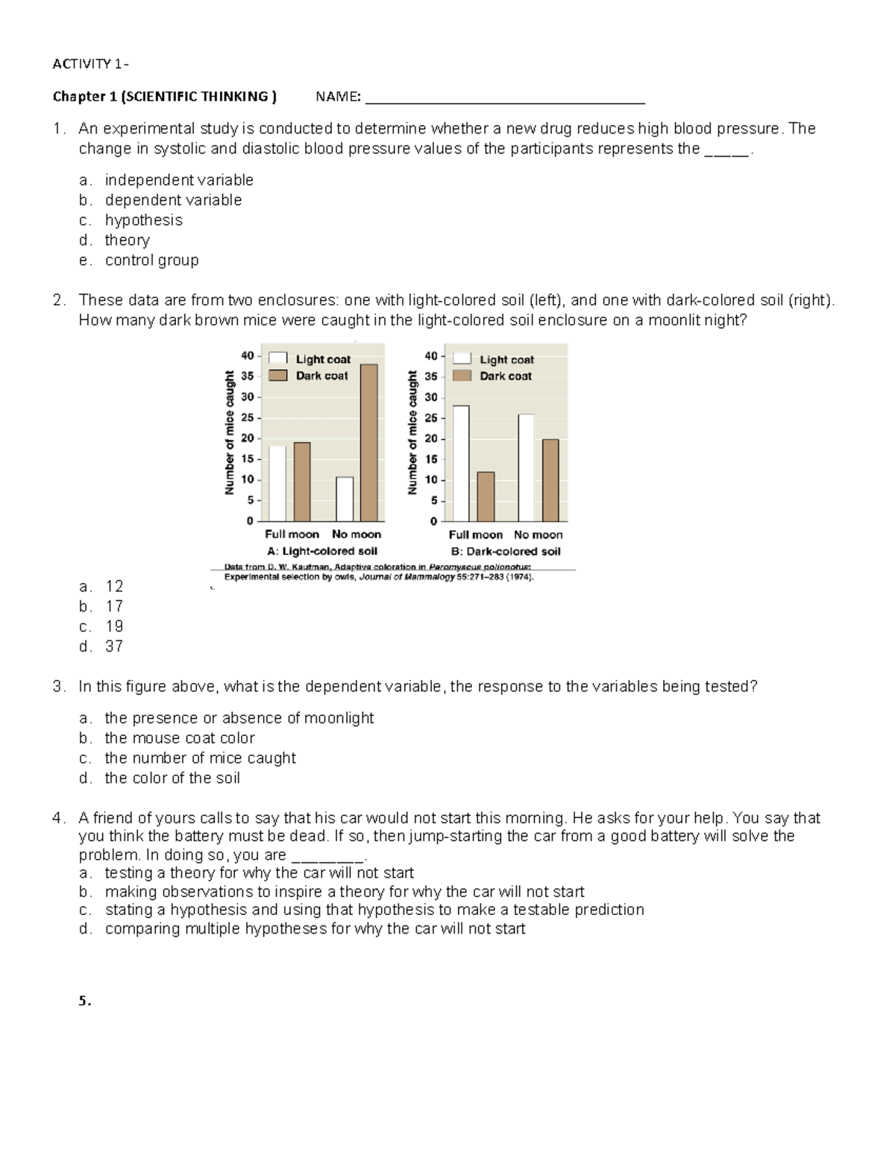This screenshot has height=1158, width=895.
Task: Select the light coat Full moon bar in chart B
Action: pos(461,463)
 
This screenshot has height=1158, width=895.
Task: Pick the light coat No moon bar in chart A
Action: pos(345,499)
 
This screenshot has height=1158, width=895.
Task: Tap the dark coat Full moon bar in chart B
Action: pos(486,497)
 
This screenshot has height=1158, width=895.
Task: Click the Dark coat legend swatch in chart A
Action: pos(278,376)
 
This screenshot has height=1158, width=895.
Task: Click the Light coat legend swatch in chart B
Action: pos(462,359)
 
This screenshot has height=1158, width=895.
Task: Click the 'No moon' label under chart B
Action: pos(538,535)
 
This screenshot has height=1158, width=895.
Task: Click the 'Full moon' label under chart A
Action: pos(292,534)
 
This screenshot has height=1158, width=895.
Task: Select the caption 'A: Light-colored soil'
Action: pos(322,551)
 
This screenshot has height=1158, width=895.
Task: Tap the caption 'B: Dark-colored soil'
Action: pos(506,552)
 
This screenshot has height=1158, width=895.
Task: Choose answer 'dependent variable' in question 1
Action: pos(173,200)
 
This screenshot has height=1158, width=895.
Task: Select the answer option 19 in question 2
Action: pos(114,626)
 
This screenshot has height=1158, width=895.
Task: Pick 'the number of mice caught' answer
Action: pos(200,758)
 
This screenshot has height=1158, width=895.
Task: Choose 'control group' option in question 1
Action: pos(151,260)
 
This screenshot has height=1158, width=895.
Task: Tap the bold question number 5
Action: pos(84,1001)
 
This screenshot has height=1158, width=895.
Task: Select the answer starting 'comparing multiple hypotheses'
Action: pos(315,928)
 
